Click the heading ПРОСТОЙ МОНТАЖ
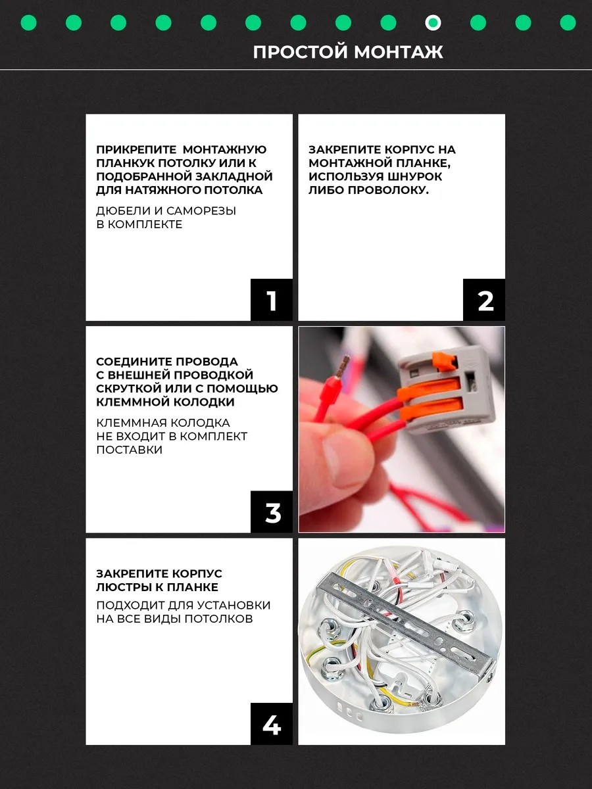pyautogui.click(x=348, y=52)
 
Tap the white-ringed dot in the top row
pyautogui.click(x=433, y=23)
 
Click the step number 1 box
pyautogui.click(x=272, y=300)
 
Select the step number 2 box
pyautogui.click(x=484, y=300)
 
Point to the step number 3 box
pyautogui.click(x=272, y=512)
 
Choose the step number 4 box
pyautogui.click(x=272, y=724)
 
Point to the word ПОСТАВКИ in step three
pyautogui.click(x=130, y=450)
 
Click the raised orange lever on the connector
pyautogui.click(x=442, y=362)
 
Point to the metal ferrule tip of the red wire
pyautogui.click(x=346, y=365)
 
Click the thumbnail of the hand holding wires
pyautogui.click(x=401, y=429)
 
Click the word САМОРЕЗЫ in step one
pyautogui.click(x=201, y=210)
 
